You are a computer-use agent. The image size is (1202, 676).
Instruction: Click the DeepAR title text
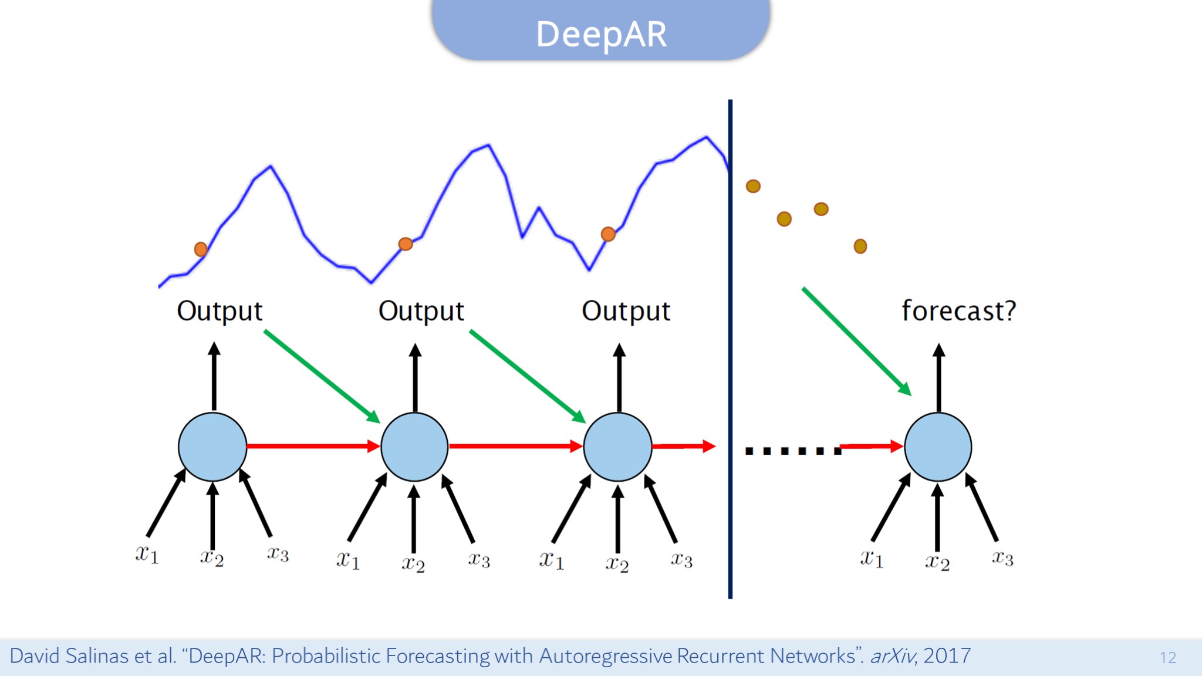coord(602,34)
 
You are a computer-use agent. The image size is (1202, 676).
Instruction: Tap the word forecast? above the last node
coord(958,310)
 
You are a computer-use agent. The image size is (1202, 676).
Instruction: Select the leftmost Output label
coord(220,312)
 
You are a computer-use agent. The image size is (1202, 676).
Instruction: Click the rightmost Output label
coord(626,312)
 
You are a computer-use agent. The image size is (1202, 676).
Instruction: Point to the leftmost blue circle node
coord(212,447)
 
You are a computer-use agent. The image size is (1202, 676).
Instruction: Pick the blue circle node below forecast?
coord(938,447)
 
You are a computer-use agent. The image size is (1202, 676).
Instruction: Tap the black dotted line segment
coord(793,451)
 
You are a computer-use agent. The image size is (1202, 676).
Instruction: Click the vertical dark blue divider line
coord(730,349)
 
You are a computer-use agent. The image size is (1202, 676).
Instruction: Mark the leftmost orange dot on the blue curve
coord(201,249)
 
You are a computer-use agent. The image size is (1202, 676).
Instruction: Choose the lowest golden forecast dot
coord(860,246)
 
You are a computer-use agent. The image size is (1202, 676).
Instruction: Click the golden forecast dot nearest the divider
coord(753,187)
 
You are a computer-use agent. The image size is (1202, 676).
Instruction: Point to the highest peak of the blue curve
coord(707,137)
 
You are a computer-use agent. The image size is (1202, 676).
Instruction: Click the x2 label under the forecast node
coord(937,562)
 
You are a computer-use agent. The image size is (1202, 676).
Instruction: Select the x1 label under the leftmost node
coord(147,554)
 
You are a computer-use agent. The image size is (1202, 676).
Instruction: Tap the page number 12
coord(1168,658)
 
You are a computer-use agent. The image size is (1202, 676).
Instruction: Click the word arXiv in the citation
coord(892,656)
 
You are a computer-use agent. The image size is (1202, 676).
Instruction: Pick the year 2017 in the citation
coord(947,656)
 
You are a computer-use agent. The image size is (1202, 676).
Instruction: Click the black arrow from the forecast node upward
coord(938,378)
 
